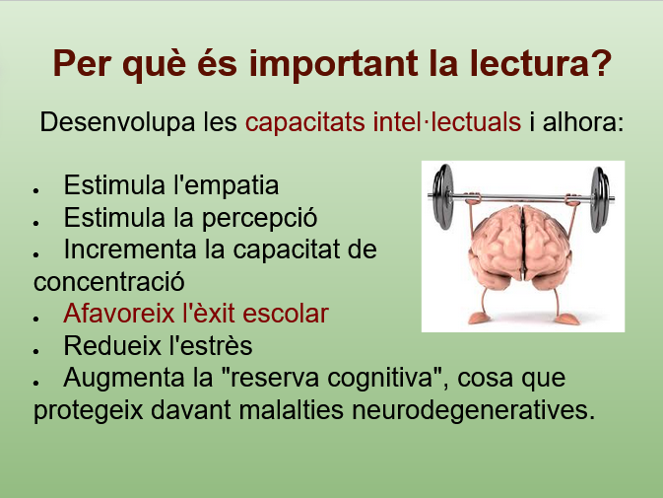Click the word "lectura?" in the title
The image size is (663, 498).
540,63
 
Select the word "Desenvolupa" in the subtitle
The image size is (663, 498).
117,123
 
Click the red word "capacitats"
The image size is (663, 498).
304,123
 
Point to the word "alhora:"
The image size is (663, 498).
583,122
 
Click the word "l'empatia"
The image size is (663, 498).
227,185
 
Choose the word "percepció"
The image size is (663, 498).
259,219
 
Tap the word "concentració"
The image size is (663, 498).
109,282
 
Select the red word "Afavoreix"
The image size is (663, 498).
119,314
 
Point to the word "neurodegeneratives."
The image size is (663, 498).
473,410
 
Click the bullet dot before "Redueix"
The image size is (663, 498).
36,351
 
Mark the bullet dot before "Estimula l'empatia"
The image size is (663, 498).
36,191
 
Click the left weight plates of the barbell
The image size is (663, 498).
442,197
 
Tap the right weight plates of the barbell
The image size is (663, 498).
600,199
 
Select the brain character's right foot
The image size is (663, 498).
566,320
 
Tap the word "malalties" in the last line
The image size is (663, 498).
291,409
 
